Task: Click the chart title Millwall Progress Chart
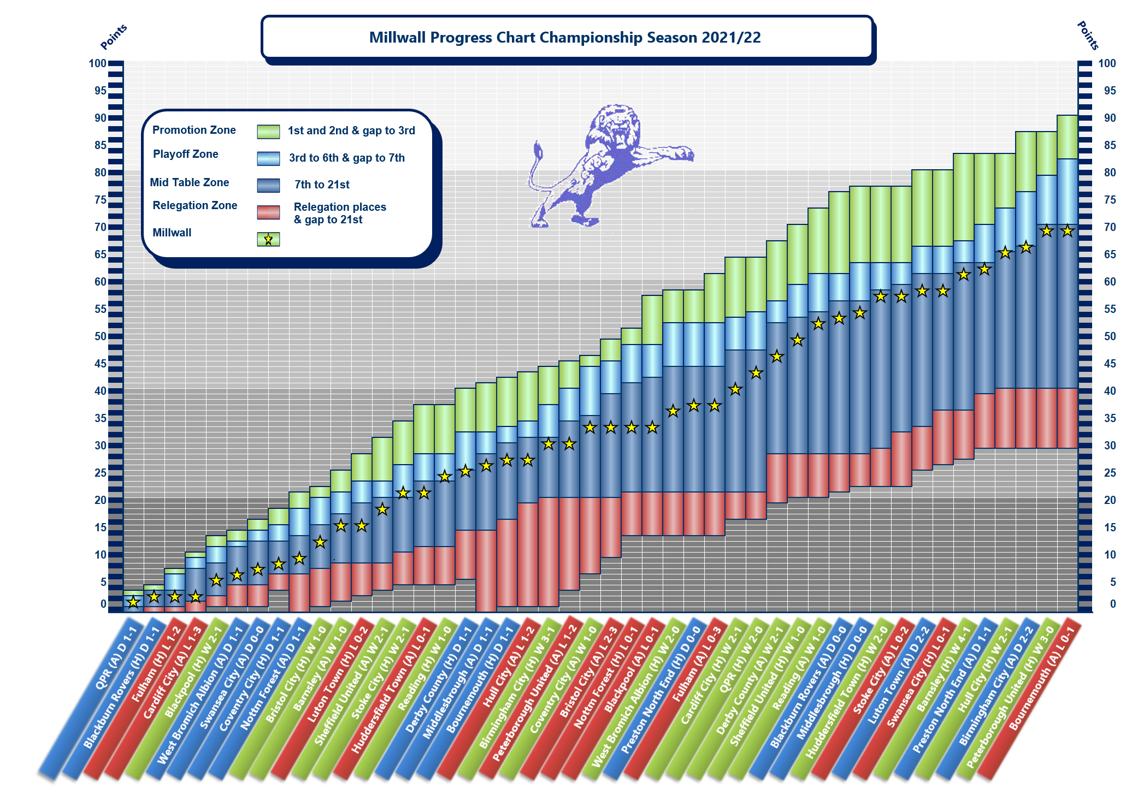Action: click(x=565, y=37)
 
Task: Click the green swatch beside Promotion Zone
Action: click(x=268, y=131)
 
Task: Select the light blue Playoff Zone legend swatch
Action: click(x=268, y=158)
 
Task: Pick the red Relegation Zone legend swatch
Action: click(x=268, y=212)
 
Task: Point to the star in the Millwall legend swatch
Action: click(x=268, y=239)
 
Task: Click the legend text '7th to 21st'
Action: click(x=322, y=185)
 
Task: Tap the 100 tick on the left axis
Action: click(x=98, y=63)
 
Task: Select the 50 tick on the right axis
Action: click(x=1107, y=336)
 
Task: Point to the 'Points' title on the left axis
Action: click(x=114, y=37)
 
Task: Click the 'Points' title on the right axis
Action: click(x=1087, y=35)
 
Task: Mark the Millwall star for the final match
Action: click(x=1067, y=231)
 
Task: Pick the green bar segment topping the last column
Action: click(x=1067, y=137)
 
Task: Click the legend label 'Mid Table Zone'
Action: click(x=189, y=182)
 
